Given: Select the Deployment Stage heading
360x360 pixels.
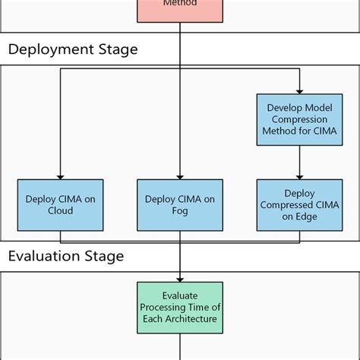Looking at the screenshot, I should [73, 50].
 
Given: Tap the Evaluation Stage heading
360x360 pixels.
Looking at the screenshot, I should [65, 256].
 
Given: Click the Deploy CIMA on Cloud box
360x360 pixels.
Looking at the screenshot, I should [59, 205].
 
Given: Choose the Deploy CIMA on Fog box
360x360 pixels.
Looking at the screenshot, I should [180, 205].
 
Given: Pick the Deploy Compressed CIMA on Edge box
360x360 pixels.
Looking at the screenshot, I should [299, 205].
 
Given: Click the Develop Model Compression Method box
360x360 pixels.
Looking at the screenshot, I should [299, 121].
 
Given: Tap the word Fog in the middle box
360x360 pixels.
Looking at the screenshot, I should [180, 211].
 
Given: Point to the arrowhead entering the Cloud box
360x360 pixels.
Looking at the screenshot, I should [59, 175].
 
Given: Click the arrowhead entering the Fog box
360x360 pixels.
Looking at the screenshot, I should [180, 175].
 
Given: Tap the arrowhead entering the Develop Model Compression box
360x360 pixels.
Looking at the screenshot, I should [299, 90].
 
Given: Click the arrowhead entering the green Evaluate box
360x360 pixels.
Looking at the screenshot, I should [180, 278].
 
